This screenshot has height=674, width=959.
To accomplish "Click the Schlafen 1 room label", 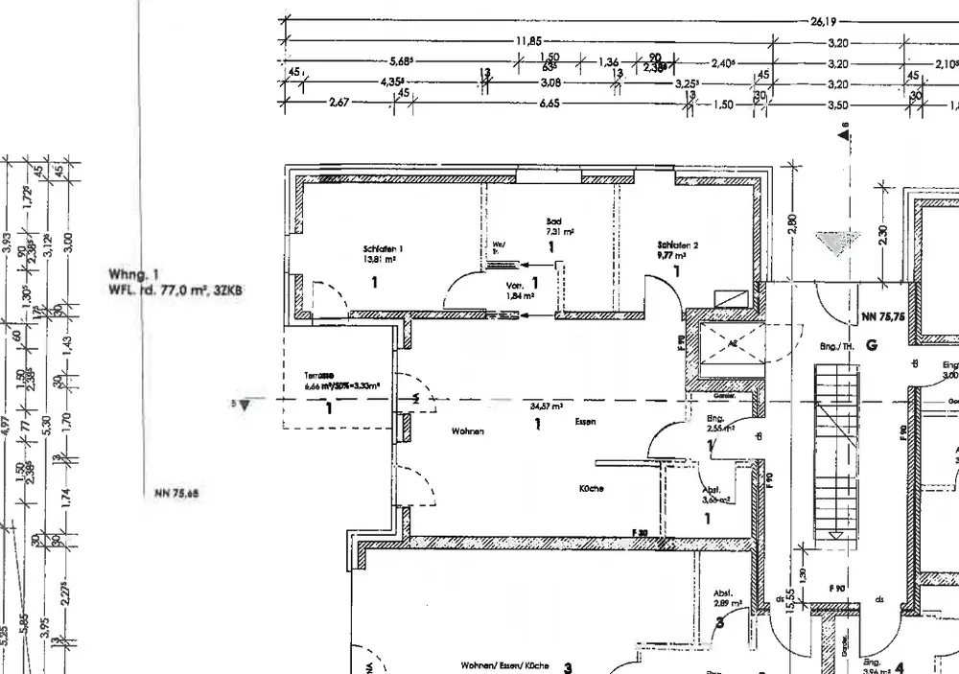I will [x=383, y=249].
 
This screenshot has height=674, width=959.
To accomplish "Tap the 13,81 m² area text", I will [x=380, y=259].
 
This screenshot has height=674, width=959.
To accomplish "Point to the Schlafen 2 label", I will [x=677, y=245].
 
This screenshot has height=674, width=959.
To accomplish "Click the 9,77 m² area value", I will [x=672, y=256].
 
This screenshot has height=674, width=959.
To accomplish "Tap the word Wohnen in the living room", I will [x=468, y=432].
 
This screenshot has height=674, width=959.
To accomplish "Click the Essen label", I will [x=586, y=421].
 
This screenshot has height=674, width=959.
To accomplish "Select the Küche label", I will [x=591, y=488].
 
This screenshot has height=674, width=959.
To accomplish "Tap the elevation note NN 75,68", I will [x=175, y=496].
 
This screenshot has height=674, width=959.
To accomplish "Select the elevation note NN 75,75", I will [x=883, y=315].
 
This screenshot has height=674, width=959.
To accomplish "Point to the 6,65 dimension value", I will [x=550, y=104].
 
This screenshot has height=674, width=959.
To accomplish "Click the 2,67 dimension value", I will [x=339, y=104].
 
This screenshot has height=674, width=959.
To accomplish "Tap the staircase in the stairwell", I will [x=832, y=451].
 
